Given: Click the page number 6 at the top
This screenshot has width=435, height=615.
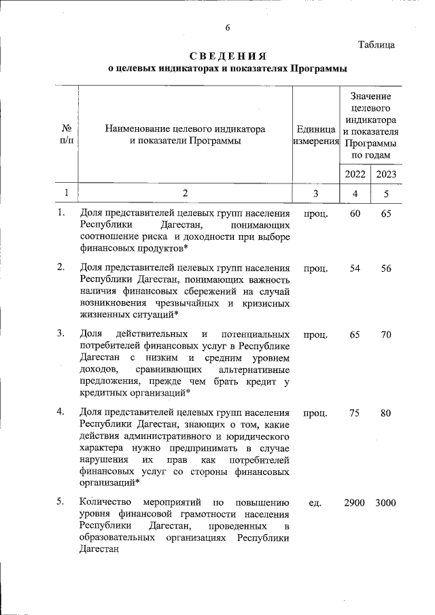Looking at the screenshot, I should click(228, 28).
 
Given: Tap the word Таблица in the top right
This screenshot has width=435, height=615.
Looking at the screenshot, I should click(377, 45).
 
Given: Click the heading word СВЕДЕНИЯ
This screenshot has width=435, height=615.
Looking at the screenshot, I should click(228, 56).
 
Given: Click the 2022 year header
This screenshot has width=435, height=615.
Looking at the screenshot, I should click(355, 174).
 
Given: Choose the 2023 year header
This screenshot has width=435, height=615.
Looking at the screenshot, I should click(385, 174).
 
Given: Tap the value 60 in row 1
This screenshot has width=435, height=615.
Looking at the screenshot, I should click(355, 214).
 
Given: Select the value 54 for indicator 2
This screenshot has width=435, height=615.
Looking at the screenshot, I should click(355, 268).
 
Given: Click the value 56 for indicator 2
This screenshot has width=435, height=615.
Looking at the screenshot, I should click(385, 268).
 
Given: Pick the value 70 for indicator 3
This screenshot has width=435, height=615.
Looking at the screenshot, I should click(385, 334).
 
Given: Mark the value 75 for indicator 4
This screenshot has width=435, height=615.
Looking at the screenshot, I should click(355, 412).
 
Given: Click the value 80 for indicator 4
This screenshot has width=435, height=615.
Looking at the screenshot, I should click(385, 412).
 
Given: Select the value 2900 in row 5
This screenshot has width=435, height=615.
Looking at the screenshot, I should click(355, 503).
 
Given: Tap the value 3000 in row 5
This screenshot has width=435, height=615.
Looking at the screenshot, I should click(385, 503).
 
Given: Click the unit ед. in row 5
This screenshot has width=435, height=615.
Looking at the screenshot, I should click(315, 503).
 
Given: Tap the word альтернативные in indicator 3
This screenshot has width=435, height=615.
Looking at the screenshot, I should click(255, 370).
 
